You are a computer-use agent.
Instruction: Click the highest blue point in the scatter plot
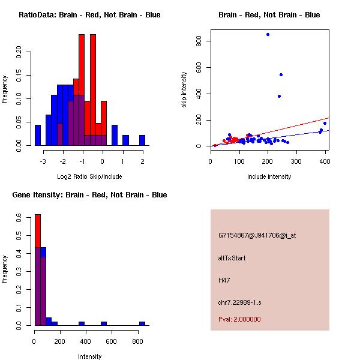(x=268, y=35)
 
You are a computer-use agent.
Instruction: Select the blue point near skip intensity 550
(x=281, y=74)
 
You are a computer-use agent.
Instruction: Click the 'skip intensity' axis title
(x=185, y=90)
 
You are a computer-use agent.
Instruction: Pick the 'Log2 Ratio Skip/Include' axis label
(x=89, y=176)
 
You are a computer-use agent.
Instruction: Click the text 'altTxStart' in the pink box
(x=232, y=258)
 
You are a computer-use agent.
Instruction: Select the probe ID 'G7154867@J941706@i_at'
(x=257, y=235)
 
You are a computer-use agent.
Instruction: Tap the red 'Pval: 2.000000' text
(x=239, y=319)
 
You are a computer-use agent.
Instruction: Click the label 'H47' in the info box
(x=224, y=280)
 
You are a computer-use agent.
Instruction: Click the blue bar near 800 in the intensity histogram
(x=142, y=323)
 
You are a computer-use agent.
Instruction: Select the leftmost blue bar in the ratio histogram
(x=38, y=135)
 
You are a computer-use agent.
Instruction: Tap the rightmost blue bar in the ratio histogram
(x=142, y=140)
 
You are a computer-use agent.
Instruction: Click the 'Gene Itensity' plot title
(x=89, y=195)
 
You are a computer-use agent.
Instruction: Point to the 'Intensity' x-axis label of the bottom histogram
(x=89, y=356)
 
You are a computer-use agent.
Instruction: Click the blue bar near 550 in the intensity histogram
(x=104, y=323)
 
